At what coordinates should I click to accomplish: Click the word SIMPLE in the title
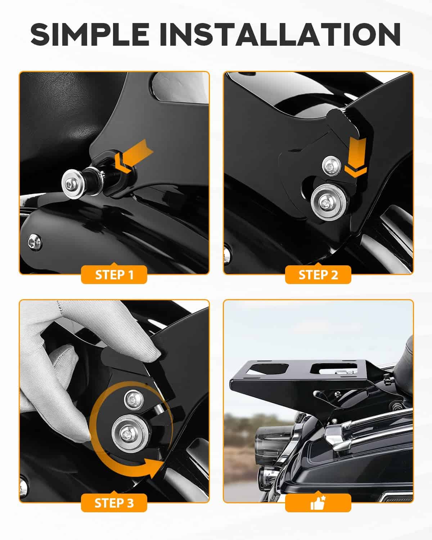coord(90,34)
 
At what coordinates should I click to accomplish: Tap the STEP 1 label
coord(114,275)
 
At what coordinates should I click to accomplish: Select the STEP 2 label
coord(318,275)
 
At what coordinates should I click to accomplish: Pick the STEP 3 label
coord(114,503)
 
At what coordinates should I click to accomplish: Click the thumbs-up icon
coord(318,503)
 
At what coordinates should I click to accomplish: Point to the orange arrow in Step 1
coord(133,156)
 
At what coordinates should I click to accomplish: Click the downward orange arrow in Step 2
coord(356,157)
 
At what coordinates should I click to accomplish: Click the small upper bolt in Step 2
coord(331,165)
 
